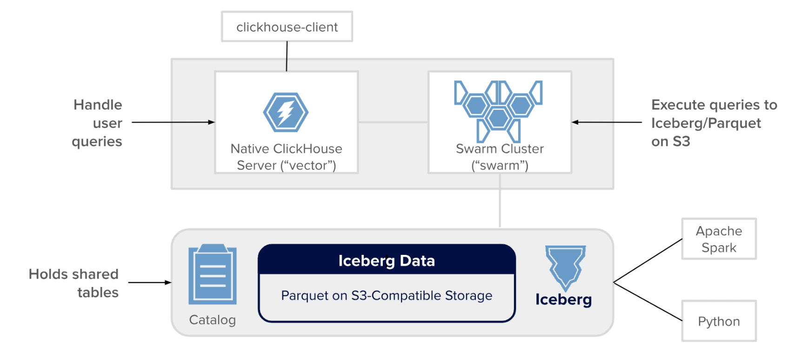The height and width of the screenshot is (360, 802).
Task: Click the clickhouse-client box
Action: point(287,27)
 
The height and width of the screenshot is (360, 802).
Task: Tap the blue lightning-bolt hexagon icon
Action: point(286,113)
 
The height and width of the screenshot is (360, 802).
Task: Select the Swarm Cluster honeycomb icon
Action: point(498,111)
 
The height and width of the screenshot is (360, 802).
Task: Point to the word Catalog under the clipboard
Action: point(213,320)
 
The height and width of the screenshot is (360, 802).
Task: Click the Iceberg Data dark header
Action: point(387,260)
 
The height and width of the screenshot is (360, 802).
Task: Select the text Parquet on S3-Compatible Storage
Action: point(387,296)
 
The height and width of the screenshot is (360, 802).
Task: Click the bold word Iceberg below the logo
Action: point(563,300)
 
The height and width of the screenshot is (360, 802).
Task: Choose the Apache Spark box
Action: point(719,239)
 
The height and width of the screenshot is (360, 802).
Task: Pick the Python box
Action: point(719,321)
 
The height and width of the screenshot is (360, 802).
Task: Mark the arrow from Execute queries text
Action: point(607,122)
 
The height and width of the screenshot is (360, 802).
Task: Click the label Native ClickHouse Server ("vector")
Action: point(286,157)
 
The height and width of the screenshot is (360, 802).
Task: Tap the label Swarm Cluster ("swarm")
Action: point(500,157)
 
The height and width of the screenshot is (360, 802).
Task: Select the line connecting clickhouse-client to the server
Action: point(287,56)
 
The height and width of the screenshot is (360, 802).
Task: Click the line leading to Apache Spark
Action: point(648,261)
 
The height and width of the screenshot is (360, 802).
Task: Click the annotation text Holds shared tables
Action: point(74,283)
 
